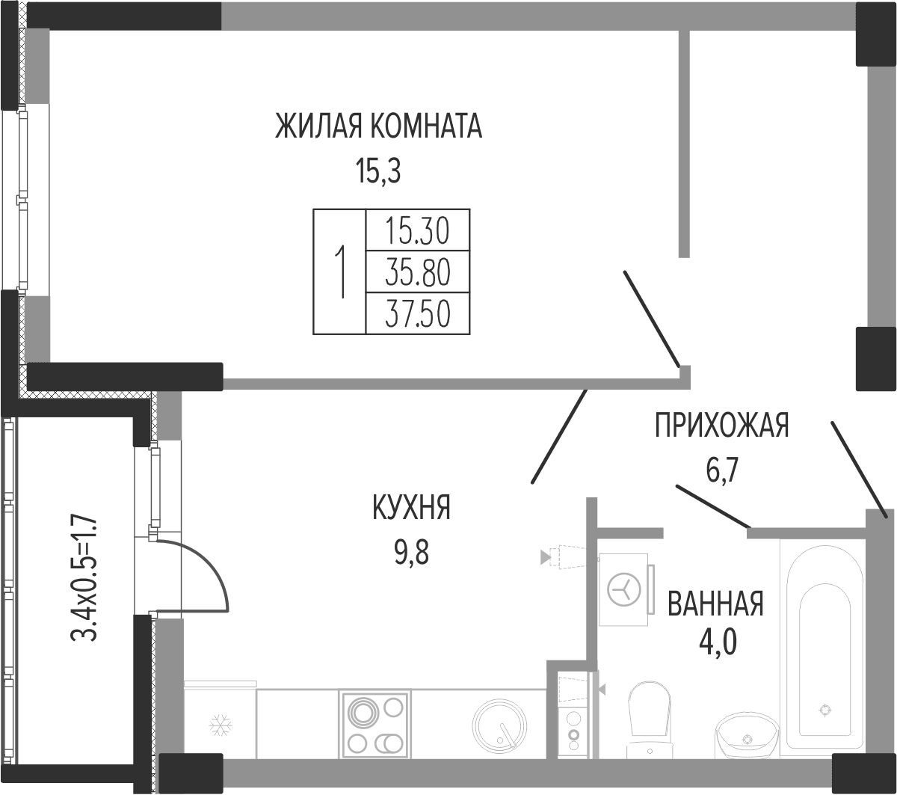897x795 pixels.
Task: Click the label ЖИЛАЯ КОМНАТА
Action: (378, 126)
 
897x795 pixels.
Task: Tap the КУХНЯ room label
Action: (411, 507)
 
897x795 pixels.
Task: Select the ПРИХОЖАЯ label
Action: (721, 426)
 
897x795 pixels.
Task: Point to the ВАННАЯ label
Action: (715, 604)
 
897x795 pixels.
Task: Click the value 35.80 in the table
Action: (418, 272)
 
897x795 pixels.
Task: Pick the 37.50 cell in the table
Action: (418, 313)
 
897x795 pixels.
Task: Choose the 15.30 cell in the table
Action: (418, 231)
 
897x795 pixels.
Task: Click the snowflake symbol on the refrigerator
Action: (221, 725)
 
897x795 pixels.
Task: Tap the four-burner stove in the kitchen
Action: (375, 726)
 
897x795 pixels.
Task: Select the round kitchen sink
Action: (500, 727)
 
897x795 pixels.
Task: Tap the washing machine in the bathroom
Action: (625, 590)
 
